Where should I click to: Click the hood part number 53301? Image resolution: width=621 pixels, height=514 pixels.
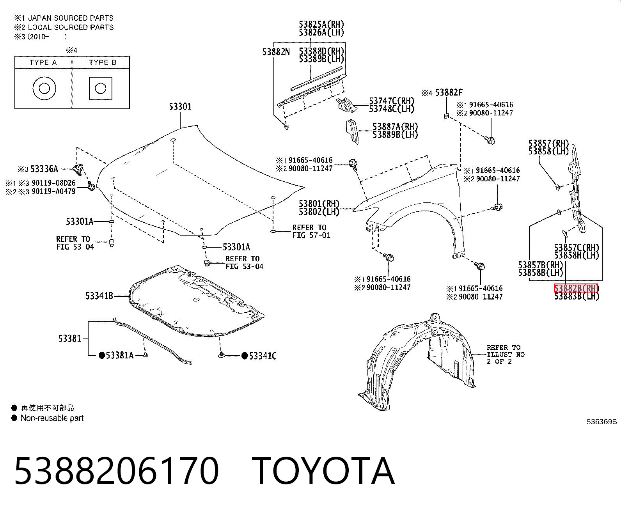[x=180, y=106]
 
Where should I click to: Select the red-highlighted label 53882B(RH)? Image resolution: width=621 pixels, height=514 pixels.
[x=576, y=288]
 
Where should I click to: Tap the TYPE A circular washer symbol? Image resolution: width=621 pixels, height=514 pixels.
[x=44, y=89]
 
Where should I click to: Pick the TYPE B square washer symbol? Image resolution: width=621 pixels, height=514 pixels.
[x=101, y=89]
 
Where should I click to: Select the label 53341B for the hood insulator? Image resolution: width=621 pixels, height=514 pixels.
[x=99, y=296]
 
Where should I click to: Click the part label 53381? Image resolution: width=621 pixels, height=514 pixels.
[x=69, y=339]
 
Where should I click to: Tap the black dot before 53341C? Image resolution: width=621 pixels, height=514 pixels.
[x=245, y=356]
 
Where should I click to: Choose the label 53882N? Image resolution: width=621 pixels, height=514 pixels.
[x=276, y=52]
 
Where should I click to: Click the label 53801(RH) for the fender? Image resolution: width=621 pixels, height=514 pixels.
[x=319, y=204]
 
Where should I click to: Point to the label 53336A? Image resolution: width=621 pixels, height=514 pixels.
[x=44, y=169]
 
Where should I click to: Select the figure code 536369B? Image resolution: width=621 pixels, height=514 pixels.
[x=601, y=422]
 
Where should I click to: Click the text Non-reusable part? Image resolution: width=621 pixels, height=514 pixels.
[x=52, y=418]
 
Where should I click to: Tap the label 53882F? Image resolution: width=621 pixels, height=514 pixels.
[x=449, y=93]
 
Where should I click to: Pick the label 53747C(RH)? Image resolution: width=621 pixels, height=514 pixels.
[x=391, y=101]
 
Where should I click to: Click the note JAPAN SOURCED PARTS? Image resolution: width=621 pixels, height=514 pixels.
[x=71, y=18]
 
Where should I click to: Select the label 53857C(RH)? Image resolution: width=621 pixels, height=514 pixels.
[x=577, y=248]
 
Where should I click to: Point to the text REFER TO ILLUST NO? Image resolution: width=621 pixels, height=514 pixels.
[x=505, y=351]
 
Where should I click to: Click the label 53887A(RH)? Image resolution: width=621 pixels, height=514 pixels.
[x=395, y=127]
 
